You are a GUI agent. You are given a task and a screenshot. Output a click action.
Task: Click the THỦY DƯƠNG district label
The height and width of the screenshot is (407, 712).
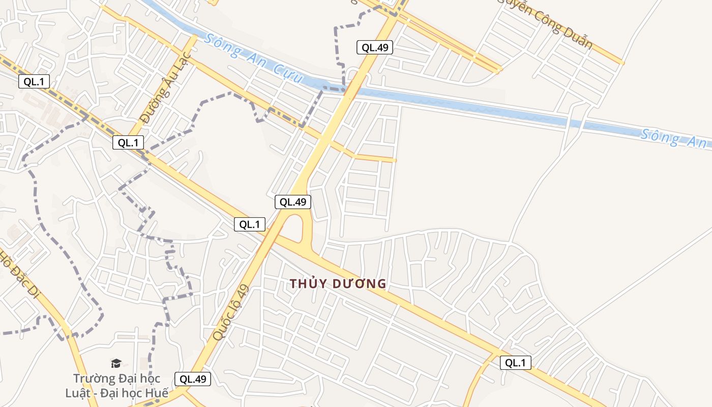pos(338,284)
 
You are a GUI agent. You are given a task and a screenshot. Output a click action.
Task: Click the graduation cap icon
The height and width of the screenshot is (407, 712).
pos(116,363)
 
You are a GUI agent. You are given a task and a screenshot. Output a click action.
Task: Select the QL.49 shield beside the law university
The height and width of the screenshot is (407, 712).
pos(193,379)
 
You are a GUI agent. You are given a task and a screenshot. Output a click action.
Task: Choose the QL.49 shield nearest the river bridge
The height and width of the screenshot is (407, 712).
pos(374,48)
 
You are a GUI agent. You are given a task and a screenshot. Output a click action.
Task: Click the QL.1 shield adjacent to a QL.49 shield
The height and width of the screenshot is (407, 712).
pos(250,224)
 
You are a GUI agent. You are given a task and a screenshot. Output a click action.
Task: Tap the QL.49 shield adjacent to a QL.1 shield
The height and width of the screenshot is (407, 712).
pos(293,202)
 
